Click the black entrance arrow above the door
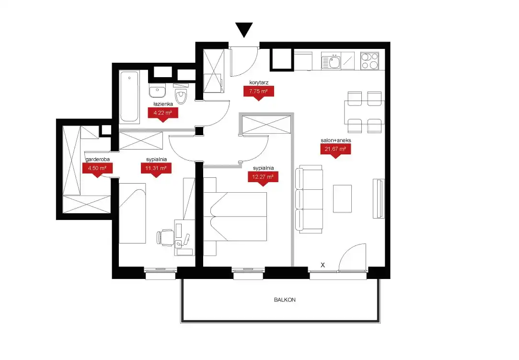[244, 29]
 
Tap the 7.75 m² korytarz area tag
[258, 92]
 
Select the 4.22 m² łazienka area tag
[163, 114]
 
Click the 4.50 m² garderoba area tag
[97, 169]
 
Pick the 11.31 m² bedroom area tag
[156, 169]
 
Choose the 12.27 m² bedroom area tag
[263, 177]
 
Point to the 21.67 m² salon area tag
[335, 150]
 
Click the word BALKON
[285, 300]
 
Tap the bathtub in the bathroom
[129, 96]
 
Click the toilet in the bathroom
[181, 94]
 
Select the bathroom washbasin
[157, 90]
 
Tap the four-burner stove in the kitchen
[369, 61]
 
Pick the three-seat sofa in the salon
[309, 199]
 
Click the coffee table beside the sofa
[342, 199]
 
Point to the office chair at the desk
[165, 237]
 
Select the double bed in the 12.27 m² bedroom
[235, 217]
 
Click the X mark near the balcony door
[323, 265]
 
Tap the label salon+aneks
[335, 140]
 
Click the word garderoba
[97, 159]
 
